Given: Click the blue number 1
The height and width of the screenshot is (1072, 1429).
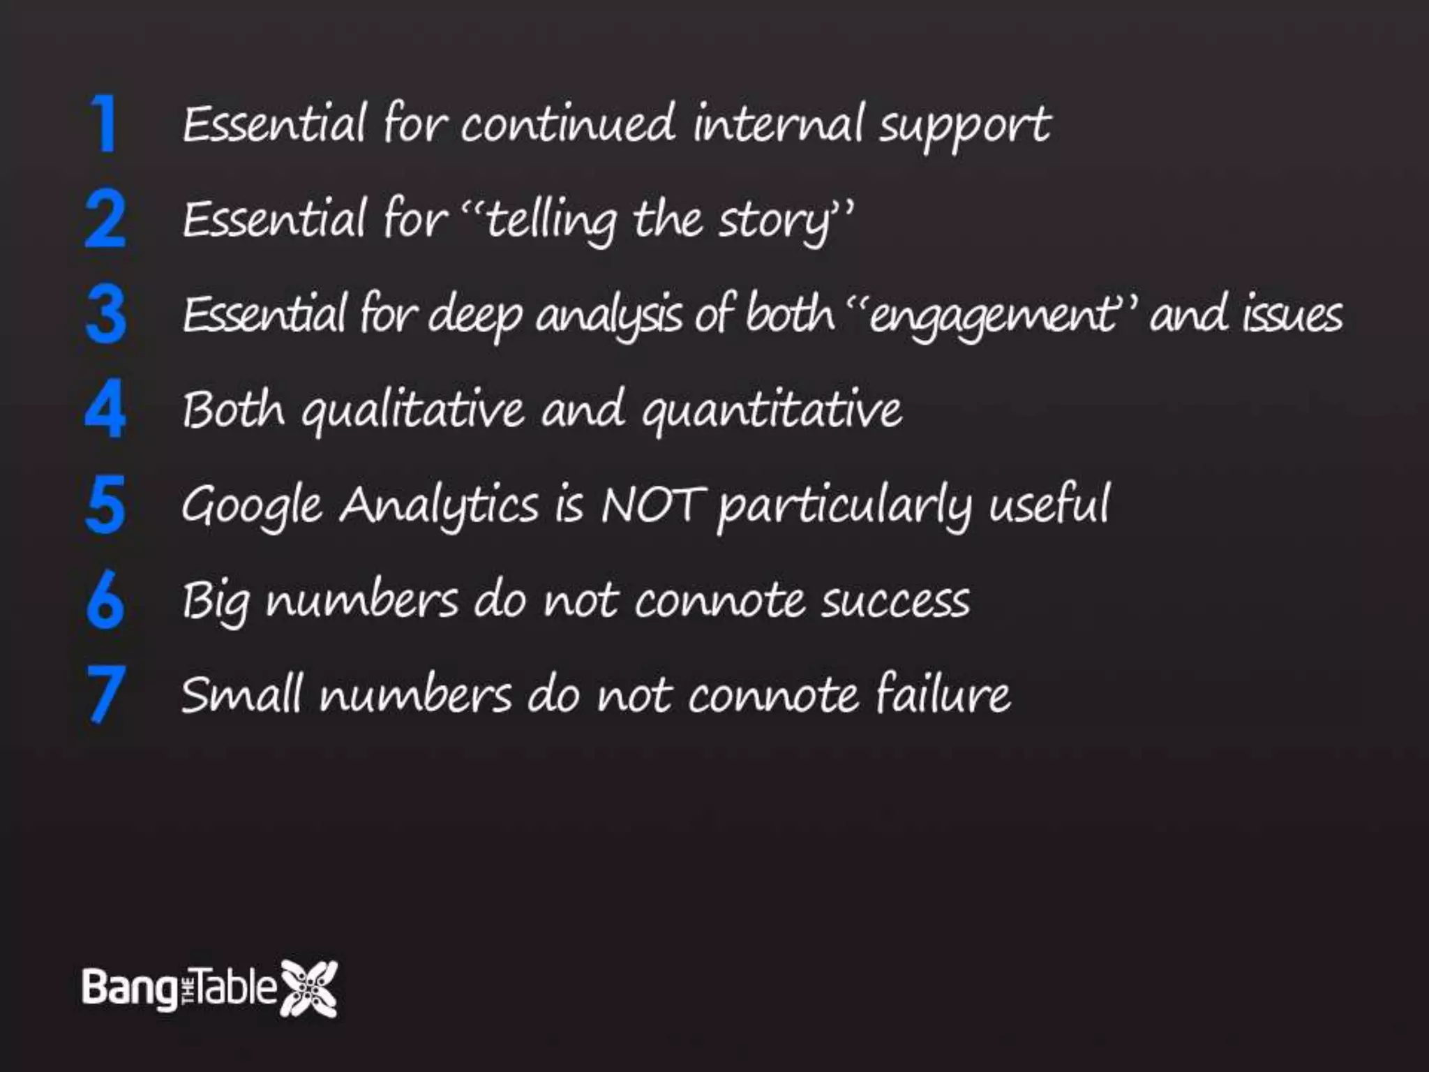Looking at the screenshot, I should [x=105, y=124].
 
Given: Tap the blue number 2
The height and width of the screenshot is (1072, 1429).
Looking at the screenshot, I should [x=105, y=219].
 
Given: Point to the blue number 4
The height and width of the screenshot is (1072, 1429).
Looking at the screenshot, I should [x=105, y=410].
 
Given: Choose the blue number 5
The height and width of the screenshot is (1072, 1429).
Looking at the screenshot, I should [x=105, y=505].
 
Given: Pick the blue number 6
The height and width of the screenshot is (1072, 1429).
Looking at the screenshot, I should [x=105, y=600].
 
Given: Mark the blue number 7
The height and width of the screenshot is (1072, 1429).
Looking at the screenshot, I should [x=105, y=694].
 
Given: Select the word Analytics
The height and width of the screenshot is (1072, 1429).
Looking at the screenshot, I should [x=440, y=505].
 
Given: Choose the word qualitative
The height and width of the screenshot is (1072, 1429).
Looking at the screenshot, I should [x=412, y=412].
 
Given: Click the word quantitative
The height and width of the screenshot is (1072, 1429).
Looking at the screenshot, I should [x=771, y=412].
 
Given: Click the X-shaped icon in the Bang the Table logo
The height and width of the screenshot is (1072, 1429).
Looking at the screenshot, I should [x=308, y=988].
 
